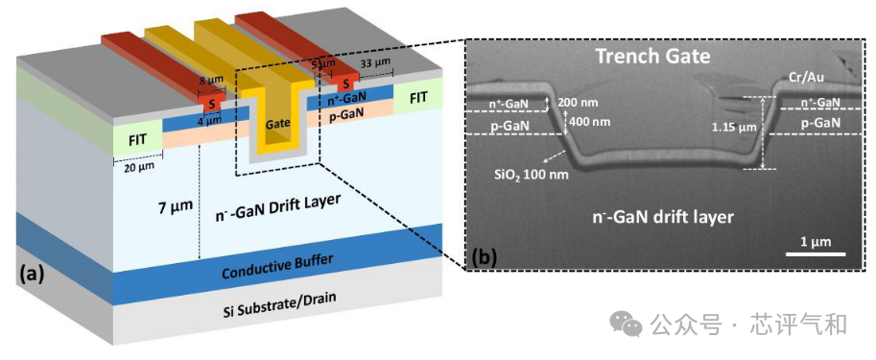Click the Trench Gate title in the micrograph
coord(652,56)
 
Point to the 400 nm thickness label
coord(589,120)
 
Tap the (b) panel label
coord(484,257)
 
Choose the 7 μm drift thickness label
coord(174,206)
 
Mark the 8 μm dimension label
coord(210,81)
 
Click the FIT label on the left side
coord(137,140)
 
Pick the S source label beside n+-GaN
coord(346,84)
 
